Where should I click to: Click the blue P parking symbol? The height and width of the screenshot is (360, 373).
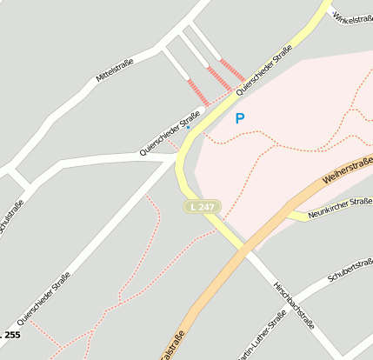[240, 119]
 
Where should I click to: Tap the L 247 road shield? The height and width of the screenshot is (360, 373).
[202, 207]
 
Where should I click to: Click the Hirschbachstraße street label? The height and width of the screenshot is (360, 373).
[293, 304]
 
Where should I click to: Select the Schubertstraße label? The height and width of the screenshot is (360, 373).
[350, 270]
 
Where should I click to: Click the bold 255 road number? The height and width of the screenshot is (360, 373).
[10, 335]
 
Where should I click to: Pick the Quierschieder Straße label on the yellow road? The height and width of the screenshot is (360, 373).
[263, 70]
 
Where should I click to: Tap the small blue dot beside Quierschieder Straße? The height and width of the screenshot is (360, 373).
[188, 127]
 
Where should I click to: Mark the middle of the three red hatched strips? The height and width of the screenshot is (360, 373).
[219, 79]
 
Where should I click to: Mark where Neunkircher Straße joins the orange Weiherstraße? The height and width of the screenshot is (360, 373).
[290, 211]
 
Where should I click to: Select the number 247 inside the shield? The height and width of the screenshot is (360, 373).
[205, 207]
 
